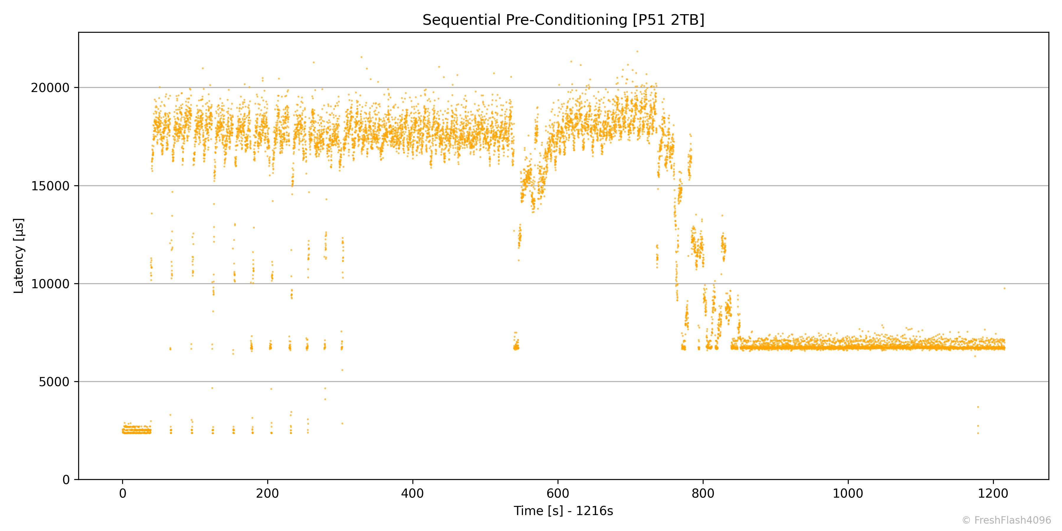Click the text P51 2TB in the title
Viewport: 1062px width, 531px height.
669,20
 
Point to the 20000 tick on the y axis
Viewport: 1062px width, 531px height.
50,88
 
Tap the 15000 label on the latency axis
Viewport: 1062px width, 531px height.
50,186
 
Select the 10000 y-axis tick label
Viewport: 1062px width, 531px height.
50,284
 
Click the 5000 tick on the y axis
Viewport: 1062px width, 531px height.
54,382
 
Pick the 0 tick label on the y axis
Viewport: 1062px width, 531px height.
66,480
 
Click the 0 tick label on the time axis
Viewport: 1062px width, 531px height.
122,494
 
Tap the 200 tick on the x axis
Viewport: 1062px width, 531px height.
268,494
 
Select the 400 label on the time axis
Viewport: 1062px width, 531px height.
413,494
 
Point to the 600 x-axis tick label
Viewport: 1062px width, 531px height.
558,494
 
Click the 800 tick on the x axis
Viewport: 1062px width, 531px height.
703,494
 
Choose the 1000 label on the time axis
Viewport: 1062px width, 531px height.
848,494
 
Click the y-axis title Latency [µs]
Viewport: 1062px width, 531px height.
19,255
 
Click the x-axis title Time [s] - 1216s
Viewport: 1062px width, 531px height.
563,511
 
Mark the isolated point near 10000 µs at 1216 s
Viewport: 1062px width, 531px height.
1005,289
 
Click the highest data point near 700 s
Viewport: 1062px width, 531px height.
637,52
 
